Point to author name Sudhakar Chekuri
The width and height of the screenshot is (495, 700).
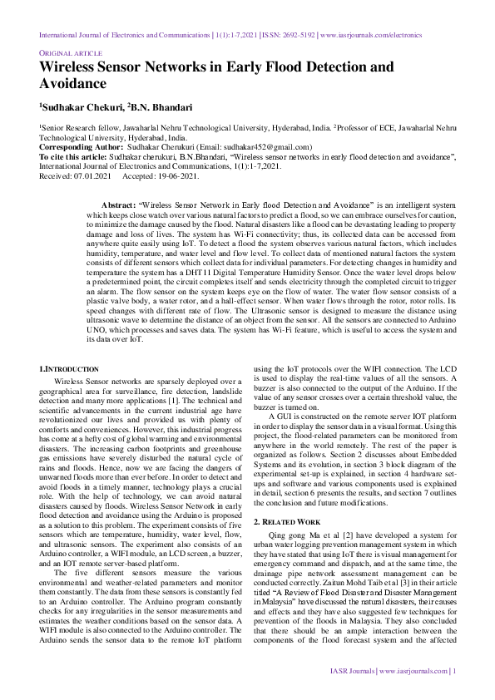(x=82, y=106)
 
